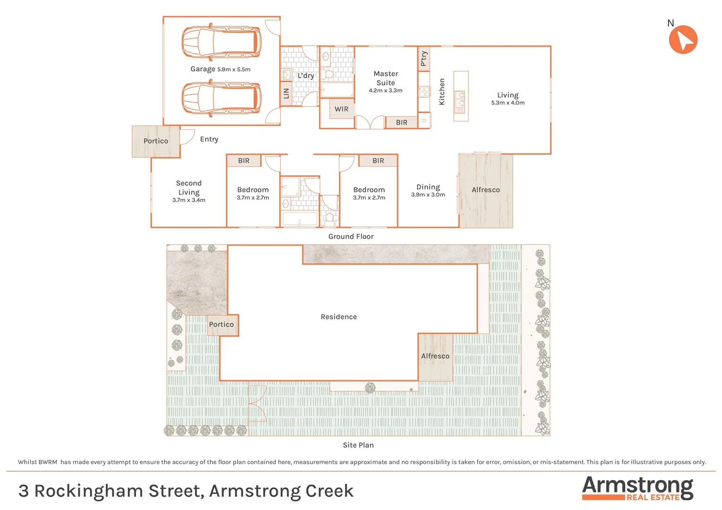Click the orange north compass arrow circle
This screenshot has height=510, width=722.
pos(683,40)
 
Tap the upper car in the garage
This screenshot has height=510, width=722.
pos(222,42)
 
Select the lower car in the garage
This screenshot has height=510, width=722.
pos(222,98)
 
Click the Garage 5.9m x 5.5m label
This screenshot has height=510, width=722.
pos(220,69)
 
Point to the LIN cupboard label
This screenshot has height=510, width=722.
pos(286,93)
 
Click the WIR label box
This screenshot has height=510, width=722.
pos(341,109)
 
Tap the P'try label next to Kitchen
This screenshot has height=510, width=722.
pos(424,59)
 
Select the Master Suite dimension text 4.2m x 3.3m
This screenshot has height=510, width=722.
pos(386,91)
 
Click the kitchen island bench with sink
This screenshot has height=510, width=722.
pos(461,96)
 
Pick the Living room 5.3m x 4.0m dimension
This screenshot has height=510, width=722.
pos(507,102)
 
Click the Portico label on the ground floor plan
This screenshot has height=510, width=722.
pos(155,141)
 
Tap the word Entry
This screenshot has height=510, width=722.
pos(209,139)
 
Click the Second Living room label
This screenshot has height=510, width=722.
pos(189,188)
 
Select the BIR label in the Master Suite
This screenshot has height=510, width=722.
pos(401,122)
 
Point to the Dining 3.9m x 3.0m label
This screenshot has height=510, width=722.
pos(428,190)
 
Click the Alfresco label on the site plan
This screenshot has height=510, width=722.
pos(435,356)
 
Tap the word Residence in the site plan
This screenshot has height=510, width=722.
pos(338,317)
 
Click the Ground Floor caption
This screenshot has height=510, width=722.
pos(351,237)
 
